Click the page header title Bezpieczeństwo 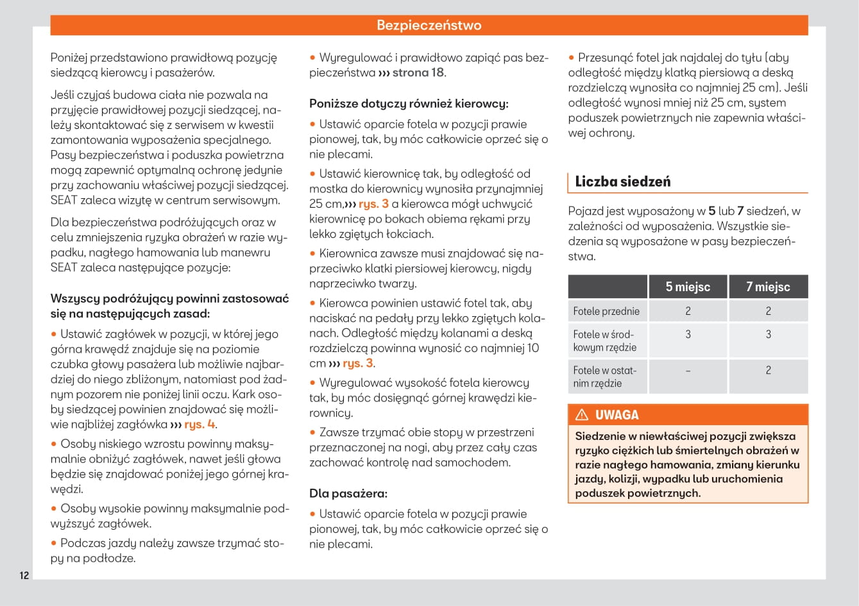click(429, 26)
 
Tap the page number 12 click(24, 575)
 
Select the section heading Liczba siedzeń click(622, 181)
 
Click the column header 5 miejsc click(688, 287)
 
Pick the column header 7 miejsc click(768, 287)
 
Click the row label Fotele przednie click(606, 311)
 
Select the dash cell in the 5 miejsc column click(688, 371)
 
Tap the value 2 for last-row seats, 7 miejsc click(768, 371)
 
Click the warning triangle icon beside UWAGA click(582, 415)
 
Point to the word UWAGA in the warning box click(617, 415)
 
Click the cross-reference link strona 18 click(418, 72)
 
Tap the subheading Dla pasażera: click(348, 494)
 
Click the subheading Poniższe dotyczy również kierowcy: click(409, 103)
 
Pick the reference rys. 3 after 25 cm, click(373, 204)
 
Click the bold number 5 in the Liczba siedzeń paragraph click(711, 211)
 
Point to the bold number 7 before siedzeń click(740, 211)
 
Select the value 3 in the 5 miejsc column click(688, 334)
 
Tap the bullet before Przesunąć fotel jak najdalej click(572, 58)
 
